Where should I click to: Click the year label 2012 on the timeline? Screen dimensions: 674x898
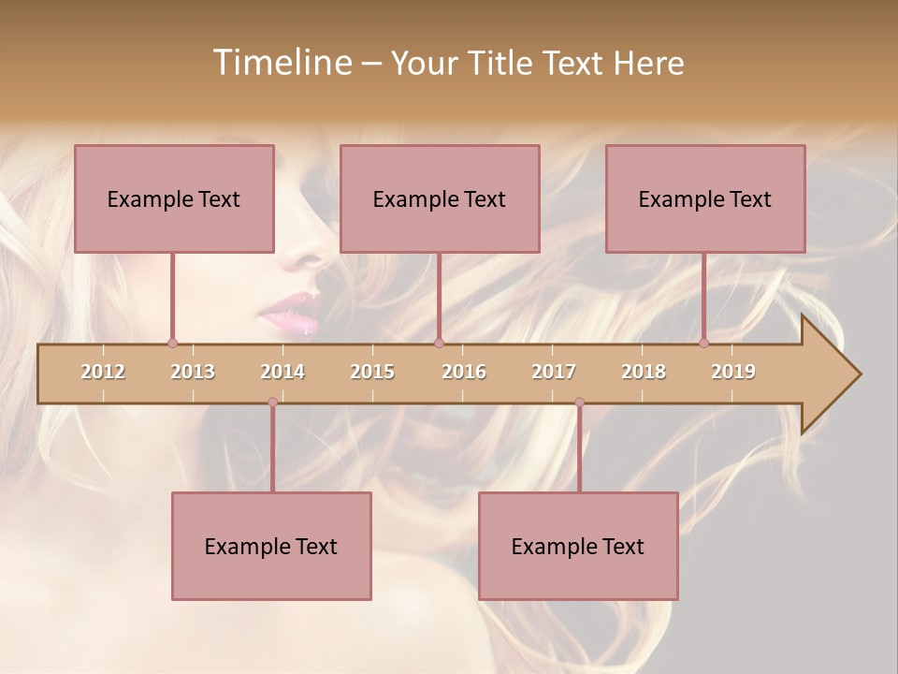(x=103, y=372)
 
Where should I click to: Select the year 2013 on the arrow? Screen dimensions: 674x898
(x=193, y=372)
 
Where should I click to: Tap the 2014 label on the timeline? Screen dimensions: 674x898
(x=282, y=372)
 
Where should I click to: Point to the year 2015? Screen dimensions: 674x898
(x=372, y=372)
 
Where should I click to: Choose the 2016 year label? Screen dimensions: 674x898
(x=464, y=372)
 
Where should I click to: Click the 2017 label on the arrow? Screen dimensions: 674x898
(x=554, y=372)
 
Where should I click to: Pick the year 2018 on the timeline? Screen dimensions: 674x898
(x=644, y=372)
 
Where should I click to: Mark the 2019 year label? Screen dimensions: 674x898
(x=733, y=372)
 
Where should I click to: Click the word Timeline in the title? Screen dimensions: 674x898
(x=280, y=63)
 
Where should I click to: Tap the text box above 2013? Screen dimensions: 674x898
(x=174, y=198)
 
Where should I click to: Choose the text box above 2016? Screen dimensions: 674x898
(x=440, y=198)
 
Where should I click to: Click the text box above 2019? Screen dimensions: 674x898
(x=705, y=198)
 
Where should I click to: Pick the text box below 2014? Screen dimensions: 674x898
(x=271, y=546)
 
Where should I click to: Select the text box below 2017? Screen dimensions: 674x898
(x=578, y=546)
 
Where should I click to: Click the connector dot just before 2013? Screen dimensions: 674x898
(x=172, y=343)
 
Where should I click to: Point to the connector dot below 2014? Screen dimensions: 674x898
(x=272, y=402)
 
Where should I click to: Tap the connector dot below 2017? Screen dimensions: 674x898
(x=579, y=402)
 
